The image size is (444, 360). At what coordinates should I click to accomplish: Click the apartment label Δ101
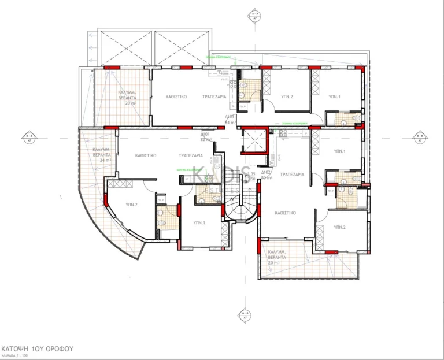pos(205,134)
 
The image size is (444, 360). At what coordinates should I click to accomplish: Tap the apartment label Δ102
pos(266,172)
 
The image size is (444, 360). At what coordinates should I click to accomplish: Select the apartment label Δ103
pos(230,117)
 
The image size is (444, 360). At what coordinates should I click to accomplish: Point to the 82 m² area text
pos(205,139)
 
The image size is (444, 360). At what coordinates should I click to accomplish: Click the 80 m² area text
pos(266,178)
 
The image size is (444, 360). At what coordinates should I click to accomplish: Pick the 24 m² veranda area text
pos(104,160)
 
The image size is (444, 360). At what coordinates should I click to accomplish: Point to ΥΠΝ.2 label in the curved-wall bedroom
pos(131,205)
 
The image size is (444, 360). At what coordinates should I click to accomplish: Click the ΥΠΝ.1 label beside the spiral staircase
pos(198,222)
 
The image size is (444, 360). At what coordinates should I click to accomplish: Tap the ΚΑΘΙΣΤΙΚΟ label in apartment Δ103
pos(175,98)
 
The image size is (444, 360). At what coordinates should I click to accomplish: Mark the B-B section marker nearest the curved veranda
pos(28,137)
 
